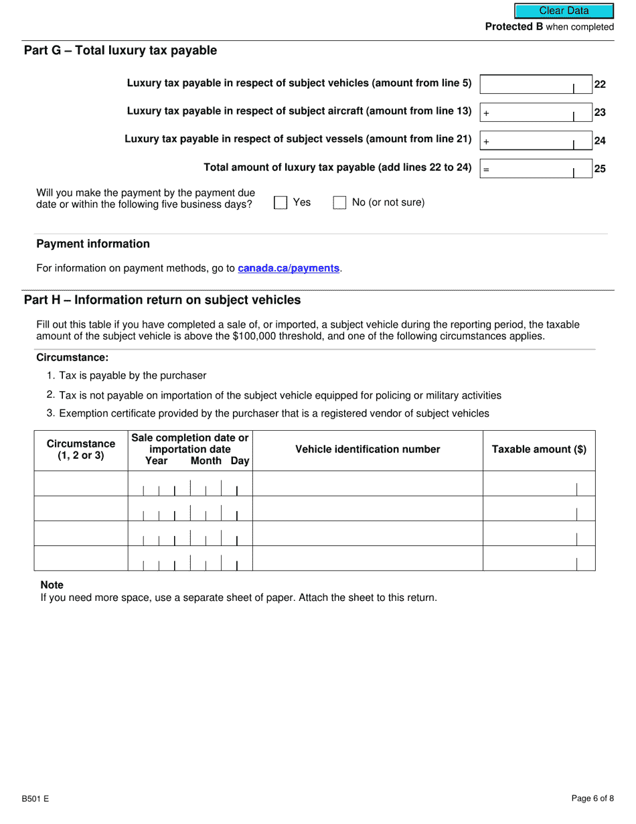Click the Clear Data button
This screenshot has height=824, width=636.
tap(564, 11)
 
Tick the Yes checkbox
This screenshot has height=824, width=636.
tap(281, 203)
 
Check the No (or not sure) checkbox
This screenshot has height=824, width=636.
tap(339, 203)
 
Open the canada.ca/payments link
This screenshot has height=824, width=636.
tap(289, 269)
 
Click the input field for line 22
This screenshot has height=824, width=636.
tap(536, 84)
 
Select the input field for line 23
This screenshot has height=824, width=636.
tap(536, 113)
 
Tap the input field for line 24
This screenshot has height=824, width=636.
tap(536, 141)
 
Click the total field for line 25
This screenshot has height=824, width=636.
tap(536, 169)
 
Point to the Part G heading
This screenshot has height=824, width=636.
tap(121, 51)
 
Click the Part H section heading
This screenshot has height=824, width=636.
tap(162, 300)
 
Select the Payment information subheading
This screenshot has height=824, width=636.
tap(93, 244)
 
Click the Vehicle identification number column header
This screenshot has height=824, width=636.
tap(368, 450)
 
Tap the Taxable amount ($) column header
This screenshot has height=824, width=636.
tap(539, 450)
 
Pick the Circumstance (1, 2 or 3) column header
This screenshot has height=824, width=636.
tap(81, 450)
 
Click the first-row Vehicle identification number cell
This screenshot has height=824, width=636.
tap(368, 484)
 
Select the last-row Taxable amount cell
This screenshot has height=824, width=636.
tap(539, 559)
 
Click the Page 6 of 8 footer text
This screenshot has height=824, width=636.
tap(592, 799)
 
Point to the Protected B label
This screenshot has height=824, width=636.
tap(513, 27)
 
